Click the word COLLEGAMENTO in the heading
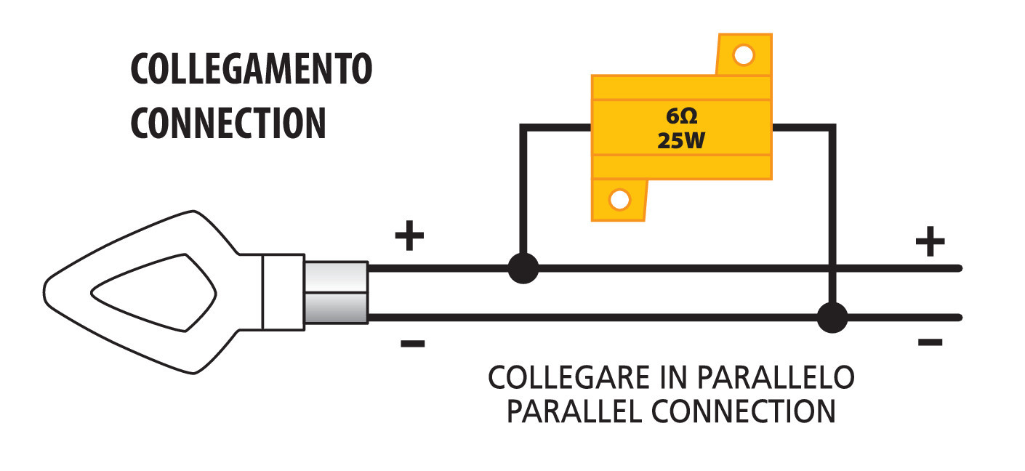click(x=251, y=70)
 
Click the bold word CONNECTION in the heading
click(x=228, y=124)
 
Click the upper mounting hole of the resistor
click(x=743, y=55)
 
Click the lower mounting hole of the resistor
click(x=619, y=199)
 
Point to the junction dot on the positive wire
click(x=523, y=268)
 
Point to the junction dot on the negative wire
click(x=832, y=318)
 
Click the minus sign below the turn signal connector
click(x=412, y=343)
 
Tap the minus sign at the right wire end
click(x=930, y=342)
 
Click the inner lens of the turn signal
click(x=153, y=292)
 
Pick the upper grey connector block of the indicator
click(x=335, y=277)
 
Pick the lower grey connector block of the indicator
click(x=335, y=307)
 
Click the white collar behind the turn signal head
click(x=283, y=292)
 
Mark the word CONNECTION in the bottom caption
click(x=743, y=411)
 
